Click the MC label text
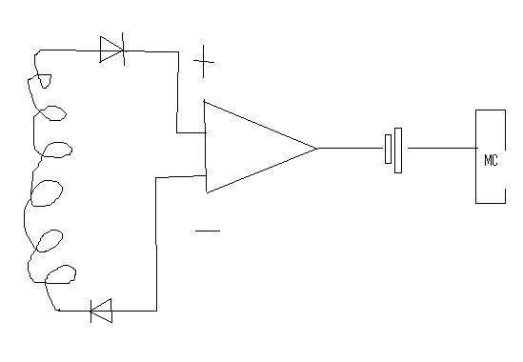point(491,160)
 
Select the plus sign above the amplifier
point(204,62)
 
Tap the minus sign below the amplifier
point(208,231)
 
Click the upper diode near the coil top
point(112,50)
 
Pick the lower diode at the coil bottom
point(101,311)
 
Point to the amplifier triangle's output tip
point(317,148)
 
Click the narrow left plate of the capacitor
point(389,150)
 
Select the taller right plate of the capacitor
point(398,151)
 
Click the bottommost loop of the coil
point(60,274)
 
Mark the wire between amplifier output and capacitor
point(351,148)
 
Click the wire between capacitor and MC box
point(442,148)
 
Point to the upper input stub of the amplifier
point(191,132)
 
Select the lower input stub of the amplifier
point(180,176)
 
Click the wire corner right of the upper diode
point(178,51)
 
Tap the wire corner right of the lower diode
point(156,311)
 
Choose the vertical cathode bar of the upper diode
point(124,49)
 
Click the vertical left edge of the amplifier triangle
point(206,146)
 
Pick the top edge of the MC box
point(491,111)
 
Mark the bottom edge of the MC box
point(491,203)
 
